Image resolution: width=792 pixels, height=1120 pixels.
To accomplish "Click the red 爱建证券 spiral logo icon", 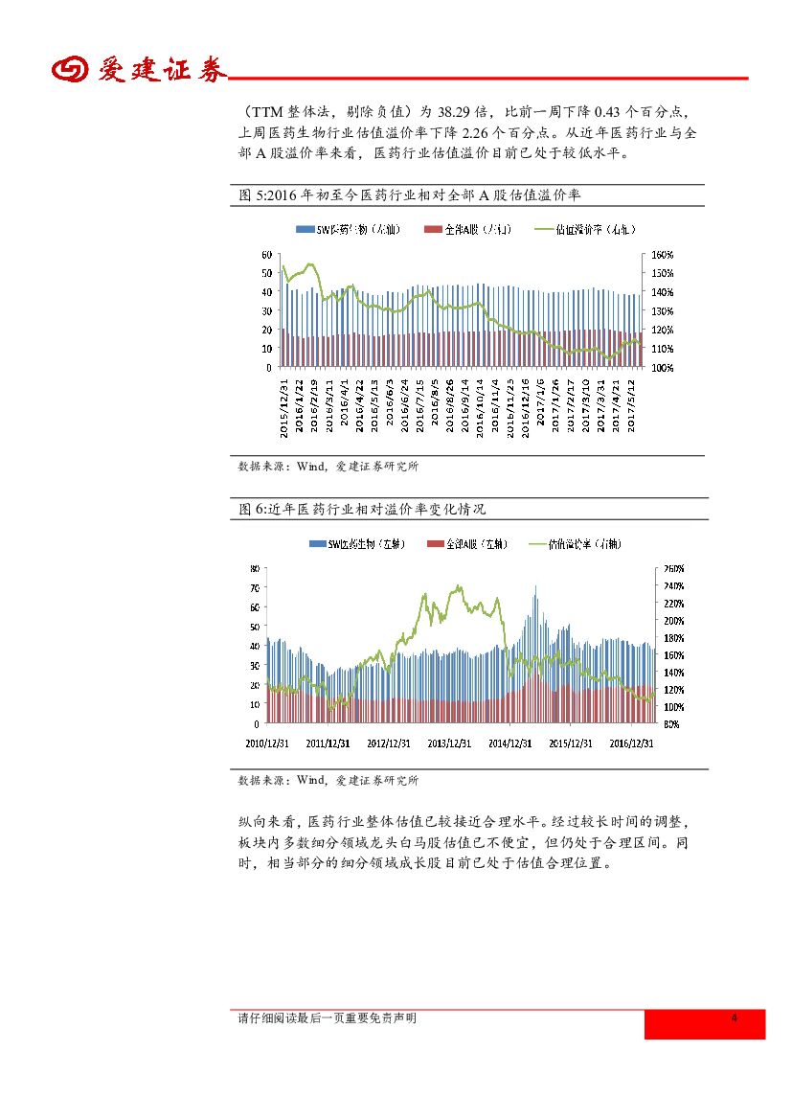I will (x=69, y=72).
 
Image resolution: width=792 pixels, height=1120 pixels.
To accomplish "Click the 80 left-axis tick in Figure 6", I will (x=255, y=568).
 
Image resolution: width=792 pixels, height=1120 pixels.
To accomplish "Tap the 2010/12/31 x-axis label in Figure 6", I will (x=267, y=742).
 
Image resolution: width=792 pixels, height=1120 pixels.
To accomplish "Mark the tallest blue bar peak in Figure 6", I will (x=535, y=587).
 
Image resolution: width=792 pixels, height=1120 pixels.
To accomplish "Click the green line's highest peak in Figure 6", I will (x=461, y=585).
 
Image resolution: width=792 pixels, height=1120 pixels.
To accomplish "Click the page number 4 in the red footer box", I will (x=734, y=1018).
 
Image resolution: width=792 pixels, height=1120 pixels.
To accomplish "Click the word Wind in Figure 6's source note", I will (x=311, y=781).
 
